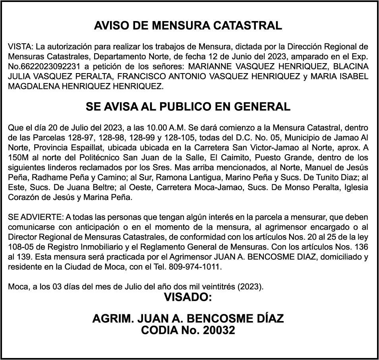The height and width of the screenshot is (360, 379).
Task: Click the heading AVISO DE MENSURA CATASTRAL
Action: (188, 26)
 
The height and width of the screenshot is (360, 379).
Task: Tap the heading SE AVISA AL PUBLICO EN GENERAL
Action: (188, 107)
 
